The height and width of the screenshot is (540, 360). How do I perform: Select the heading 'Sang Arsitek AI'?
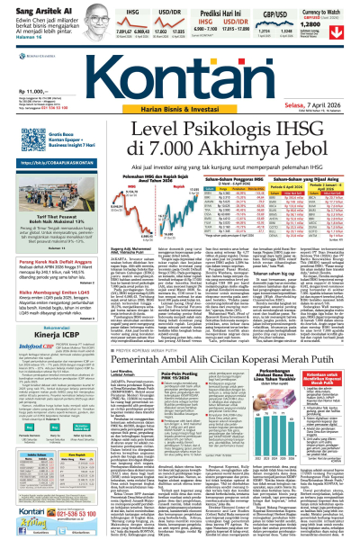tap(32, 5)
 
